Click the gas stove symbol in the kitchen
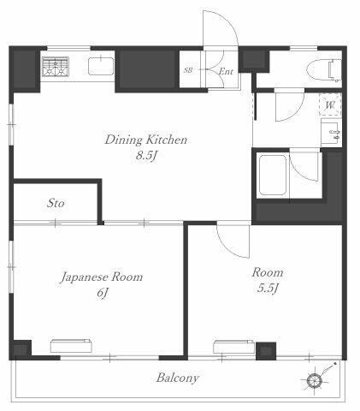tap(56, 67)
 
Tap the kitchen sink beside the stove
tap(101, 66)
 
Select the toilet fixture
tap(324, 70)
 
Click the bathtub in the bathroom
tap(272, 175)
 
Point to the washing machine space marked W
tap(330, 104)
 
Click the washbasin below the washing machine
tap(331, 133)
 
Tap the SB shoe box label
tap(188, 70)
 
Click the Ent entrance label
tap(226, 71)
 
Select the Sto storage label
tap(56, 203)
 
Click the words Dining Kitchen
tap(146, 140)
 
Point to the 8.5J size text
tap(147, 156)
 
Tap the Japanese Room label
tap(102, 277)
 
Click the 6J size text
tap(102, 293)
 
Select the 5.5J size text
tap(268, 289)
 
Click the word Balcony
tap(177, 378)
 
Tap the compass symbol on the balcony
tap(315, 379)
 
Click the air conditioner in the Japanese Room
tap(71, 346)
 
